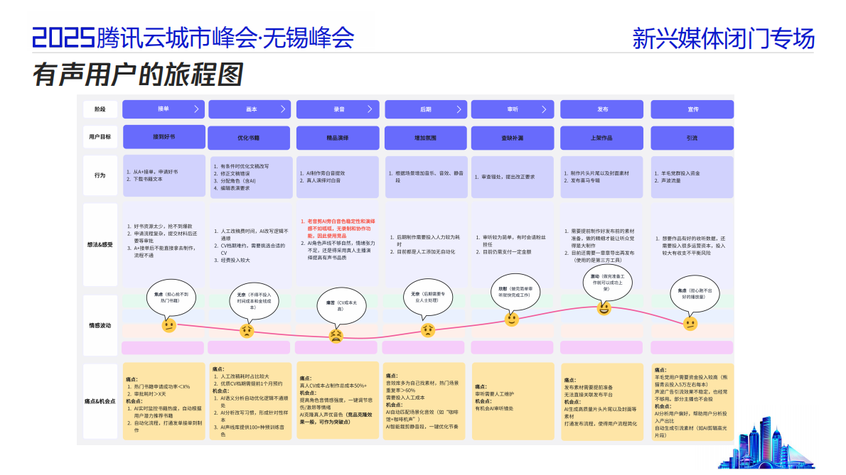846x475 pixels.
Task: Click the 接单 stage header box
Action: tap(164, 109)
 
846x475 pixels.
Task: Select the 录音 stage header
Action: tap(338, 109)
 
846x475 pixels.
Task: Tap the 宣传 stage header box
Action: tap(692, 109)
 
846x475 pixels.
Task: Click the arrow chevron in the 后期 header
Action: tap(458, 109)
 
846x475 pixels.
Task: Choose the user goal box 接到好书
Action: tap(164, 137)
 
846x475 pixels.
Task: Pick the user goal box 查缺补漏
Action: tap(512, 138)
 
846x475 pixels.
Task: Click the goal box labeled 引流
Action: tap(692, 138)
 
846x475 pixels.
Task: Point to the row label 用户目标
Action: tap(100, 138)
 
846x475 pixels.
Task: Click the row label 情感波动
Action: tap(100, 325)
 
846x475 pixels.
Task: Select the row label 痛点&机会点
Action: tap(100, 402)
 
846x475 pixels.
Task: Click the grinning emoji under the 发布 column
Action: tap(604, 308)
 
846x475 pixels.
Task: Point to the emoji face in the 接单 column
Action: tap(168, 325)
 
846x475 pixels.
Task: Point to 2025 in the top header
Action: tap(63, 37)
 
